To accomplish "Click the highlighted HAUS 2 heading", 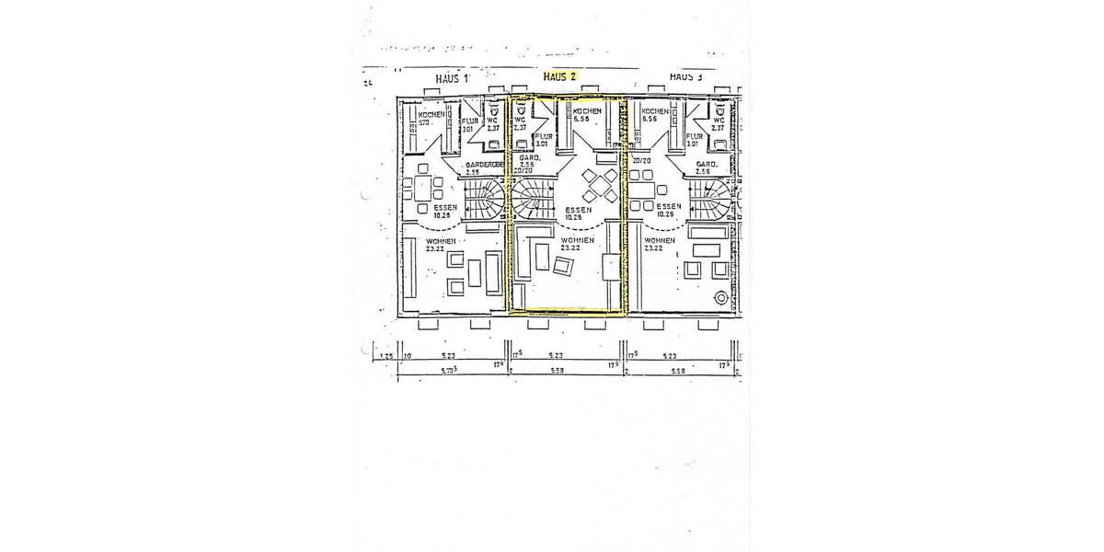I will coord(559,77).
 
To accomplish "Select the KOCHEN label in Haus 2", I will coord(587,112).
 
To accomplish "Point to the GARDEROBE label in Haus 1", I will coord(484,166).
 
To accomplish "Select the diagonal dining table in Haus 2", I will coord(601,187).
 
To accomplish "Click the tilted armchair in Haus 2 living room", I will coord(563,266).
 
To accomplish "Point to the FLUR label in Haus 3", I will coord(693,137).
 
